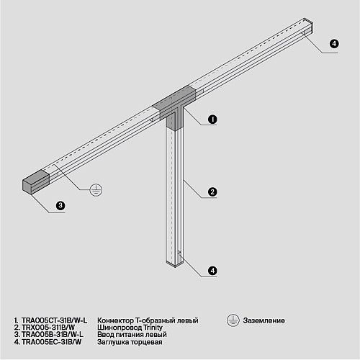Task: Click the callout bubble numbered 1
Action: tap(212, 120)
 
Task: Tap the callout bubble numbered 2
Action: tap(212, 192)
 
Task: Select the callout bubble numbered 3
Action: tap(60, 205)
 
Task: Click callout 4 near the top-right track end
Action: tap(334, 44)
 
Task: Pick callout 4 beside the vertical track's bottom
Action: tap(212, 271)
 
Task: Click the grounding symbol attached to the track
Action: tap(96, 190)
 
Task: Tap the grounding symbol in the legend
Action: tap(233, 320)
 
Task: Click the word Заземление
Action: tap(264, 320)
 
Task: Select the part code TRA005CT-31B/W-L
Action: tap(54, 320)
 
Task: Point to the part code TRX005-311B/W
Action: tap(48, 328)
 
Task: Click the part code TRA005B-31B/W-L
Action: tap(53, 334)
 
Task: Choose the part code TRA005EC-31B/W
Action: tap(51, 342)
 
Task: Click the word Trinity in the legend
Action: tap(153, 328)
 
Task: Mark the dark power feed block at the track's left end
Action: tap(36, 181)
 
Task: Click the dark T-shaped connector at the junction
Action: tap(174, 107)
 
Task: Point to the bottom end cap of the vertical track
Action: tap(175, 264)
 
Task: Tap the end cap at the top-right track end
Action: tap(309, 26)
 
